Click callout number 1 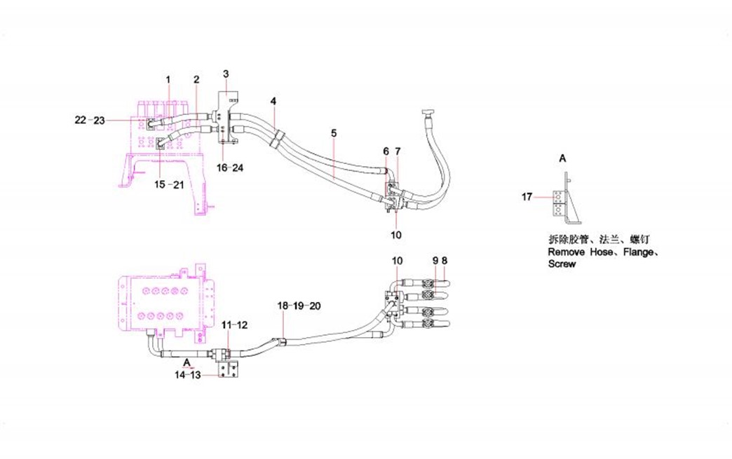click(168, 79)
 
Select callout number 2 click(196, 79)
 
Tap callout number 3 click(226, 74)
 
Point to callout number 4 click(274, 101)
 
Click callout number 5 click(334, 132)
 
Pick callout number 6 click(386, 151)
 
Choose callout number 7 click(398, 151)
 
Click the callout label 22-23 click(90, 120)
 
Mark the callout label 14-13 click(188, 375)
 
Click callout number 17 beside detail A click(527, 197)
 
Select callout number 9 click(435, 260)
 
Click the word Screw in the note click(562, 264)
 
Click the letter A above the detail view click(562, 159)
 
